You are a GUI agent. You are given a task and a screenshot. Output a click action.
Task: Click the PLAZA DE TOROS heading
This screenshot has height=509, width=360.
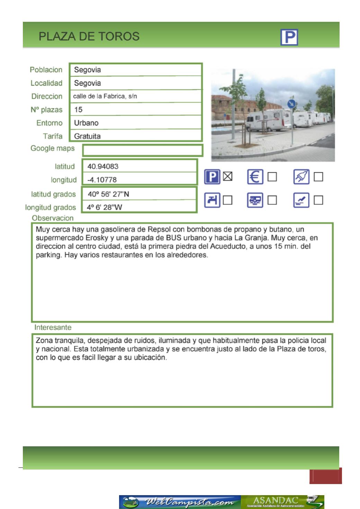coord(89,36)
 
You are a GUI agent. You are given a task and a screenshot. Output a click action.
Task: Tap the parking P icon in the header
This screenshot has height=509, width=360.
coord(289,37)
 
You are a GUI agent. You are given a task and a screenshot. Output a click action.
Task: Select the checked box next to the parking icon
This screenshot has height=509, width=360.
coord(227,176)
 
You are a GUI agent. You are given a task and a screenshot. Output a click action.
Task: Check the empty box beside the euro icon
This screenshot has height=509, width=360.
coord(272,177)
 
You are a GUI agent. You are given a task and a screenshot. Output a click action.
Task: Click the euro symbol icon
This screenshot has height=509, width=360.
coord(255,177)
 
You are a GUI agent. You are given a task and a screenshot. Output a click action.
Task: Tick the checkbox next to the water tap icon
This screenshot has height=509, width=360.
coord(227,200)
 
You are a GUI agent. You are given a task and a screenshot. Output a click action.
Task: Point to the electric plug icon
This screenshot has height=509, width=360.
coord(301,177)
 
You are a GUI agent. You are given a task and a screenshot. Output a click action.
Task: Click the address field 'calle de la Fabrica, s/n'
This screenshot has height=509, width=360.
coord(105,96)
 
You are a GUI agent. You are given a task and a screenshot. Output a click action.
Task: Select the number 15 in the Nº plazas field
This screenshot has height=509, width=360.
coord(78,110)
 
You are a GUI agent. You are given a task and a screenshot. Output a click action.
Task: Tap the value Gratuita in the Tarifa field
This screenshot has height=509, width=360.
coord(87,136)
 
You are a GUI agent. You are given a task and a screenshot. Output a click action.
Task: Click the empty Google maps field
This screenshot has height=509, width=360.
coord(143,151)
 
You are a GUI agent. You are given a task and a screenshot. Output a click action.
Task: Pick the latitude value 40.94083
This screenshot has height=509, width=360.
coord(103,166)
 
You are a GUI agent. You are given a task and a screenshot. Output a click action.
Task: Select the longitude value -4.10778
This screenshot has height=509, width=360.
coord(102,180)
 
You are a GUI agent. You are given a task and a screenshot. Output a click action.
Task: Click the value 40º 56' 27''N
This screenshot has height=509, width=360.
coord(108,194)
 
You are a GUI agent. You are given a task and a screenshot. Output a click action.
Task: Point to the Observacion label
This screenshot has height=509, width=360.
coord(53,218)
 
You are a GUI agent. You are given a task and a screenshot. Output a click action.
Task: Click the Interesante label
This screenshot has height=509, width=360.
coord(53,327)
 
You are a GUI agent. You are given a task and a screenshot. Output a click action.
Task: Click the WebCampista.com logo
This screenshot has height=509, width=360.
coord(180,502)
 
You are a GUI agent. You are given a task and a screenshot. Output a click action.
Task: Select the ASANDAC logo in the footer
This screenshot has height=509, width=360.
coord(282,502)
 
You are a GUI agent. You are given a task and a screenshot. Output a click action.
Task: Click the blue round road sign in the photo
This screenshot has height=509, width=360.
coord(291,104)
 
